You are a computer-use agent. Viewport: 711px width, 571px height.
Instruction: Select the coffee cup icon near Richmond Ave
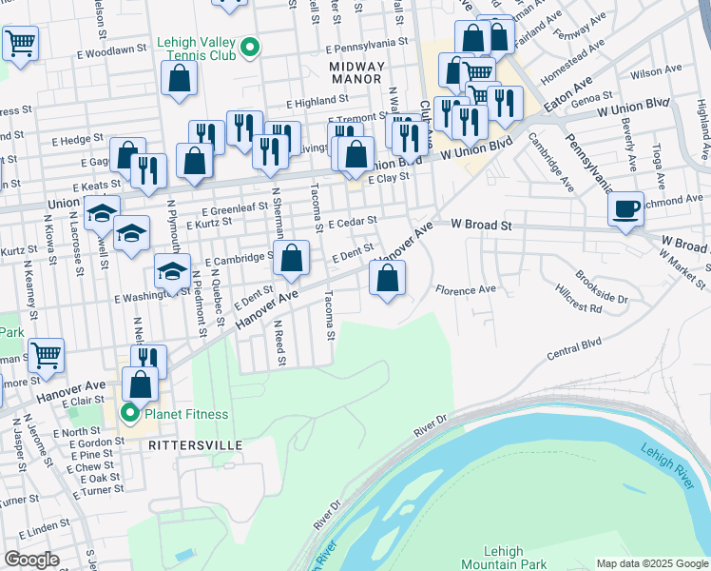pos(625,209)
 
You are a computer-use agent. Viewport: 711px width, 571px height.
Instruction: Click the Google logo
pos(31,560)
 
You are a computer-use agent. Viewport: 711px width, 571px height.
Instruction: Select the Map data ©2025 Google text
pos(651,563)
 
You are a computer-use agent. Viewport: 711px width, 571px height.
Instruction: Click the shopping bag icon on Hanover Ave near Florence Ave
pos(387,279)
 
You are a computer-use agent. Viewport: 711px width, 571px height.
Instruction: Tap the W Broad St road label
pos(482,225)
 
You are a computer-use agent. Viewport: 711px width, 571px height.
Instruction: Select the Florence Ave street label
pos(466,288)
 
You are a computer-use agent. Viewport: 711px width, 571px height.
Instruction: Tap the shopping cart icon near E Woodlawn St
pos(20,43)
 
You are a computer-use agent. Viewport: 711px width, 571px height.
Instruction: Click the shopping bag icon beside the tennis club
pos(179,79)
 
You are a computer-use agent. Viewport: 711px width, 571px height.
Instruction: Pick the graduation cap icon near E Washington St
pos(172,272)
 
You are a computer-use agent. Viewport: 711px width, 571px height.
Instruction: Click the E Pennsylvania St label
pos(366,44)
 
